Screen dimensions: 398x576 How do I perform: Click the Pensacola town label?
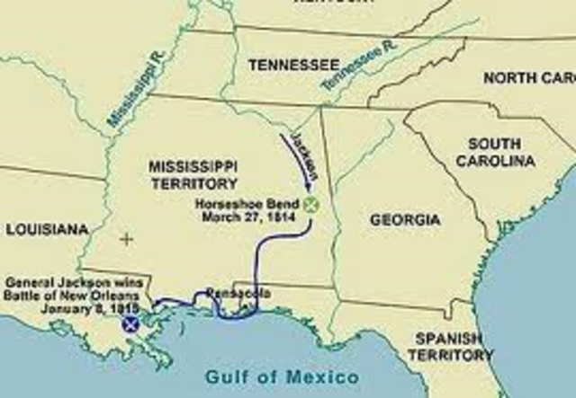234,293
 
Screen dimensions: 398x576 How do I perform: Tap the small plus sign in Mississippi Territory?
126,239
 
